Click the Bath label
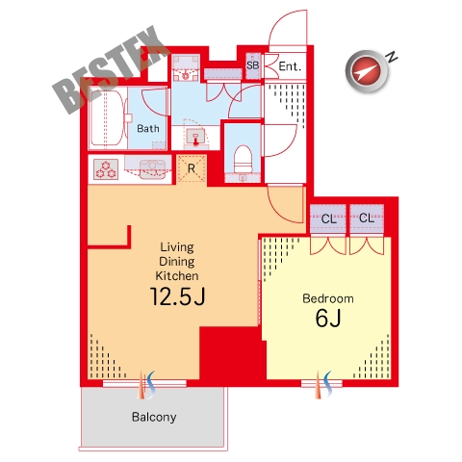click(x=148, y=129)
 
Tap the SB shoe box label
click(x=252, y=65)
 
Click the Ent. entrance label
click(x=290, y=66)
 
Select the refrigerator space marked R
click(x=192, y=168)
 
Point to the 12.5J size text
click(x=177, y=296)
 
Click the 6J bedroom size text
click(x=328, y=319)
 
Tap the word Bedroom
click(x=328, y=298)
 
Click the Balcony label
click(x=154, y=417)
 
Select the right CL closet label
click(x=367, y=218)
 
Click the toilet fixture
click(x=243, y=160)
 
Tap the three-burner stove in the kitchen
click(x=106, y=169)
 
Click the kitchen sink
click(x=152, y=169)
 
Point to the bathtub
click(x=107, y=117)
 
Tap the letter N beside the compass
click(x=392, y=57)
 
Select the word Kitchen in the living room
click(x=177, y=275)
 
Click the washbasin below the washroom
click(x=195, y=137)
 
